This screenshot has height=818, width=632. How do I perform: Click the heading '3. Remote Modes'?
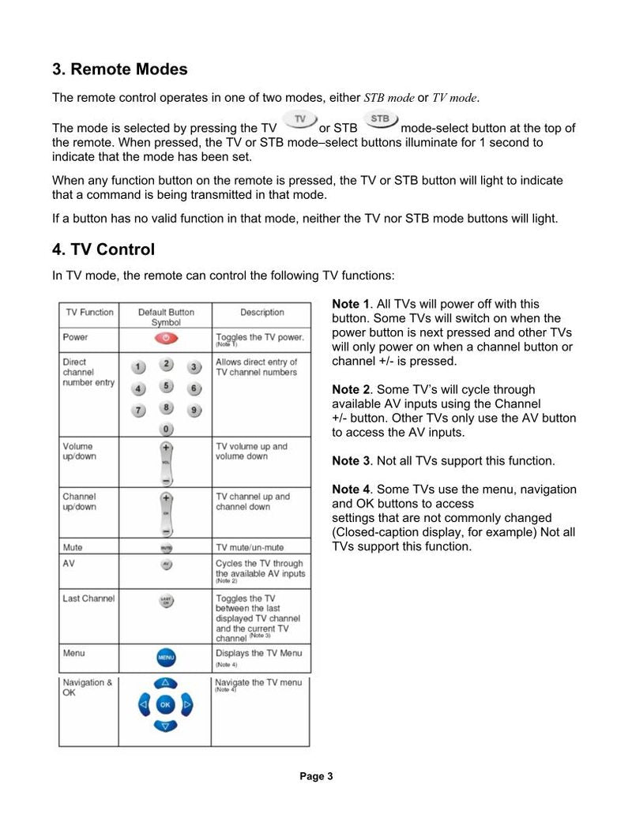(x=120, y=69)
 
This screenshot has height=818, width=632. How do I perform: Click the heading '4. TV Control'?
(x=103, y=250)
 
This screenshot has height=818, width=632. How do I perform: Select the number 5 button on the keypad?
(x=166, y=385)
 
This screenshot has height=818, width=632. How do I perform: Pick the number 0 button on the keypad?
(x=166, y=428)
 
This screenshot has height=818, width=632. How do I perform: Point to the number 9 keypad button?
(x=194, y=411)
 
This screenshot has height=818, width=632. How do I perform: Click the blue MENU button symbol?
(x=166, y=657)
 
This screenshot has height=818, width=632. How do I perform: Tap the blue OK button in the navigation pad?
(x=165, y=704)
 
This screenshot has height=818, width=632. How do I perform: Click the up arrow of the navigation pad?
(x=165, y=683)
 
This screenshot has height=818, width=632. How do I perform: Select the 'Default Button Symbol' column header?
(x=166, y=317)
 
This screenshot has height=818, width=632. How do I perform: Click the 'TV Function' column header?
(x=89, y=312)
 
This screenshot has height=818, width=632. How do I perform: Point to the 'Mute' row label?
(x=73, y=547)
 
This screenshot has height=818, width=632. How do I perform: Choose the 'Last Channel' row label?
(x=88, y=598)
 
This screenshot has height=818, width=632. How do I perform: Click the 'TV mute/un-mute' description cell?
(x=250, y=547)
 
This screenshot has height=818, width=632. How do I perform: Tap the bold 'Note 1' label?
(x=351, y=304)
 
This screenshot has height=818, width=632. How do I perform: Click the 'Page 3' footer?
(x=316, y=776)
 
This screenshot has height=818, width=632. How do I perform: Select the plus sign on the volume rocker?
(x=166, y=448)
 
